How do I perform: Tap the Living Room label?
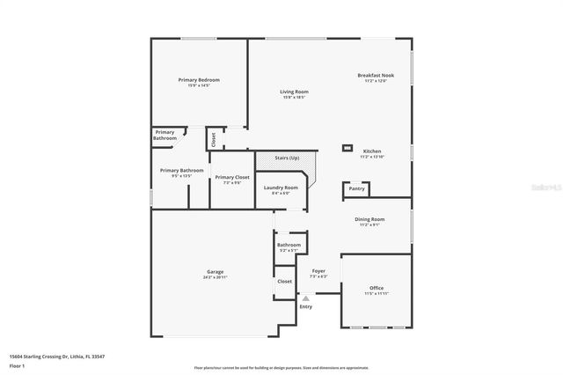[x=294, y=92]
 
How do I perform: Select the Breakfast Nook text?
[x=376, y=76]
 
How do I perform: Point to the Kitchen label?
[x=372, y=151]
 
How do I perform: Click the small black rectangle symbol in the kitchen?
[x=347, y=148]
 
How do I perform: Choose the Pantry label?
[x=356, y=188]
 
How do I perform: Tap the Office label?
[x=376, y=288]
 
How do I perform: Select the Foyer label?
[x=318, y=271]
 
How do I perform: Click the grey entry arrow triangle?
[x=306, y=298]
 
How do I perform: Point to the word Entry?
[x=306, y=306]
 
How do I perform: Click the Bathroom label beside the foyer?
[x=289, y=245]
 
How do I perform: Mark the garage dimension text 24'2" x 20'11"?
[x=216, y=277]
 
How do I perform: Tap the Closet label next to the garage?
[x=285, y=282]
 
